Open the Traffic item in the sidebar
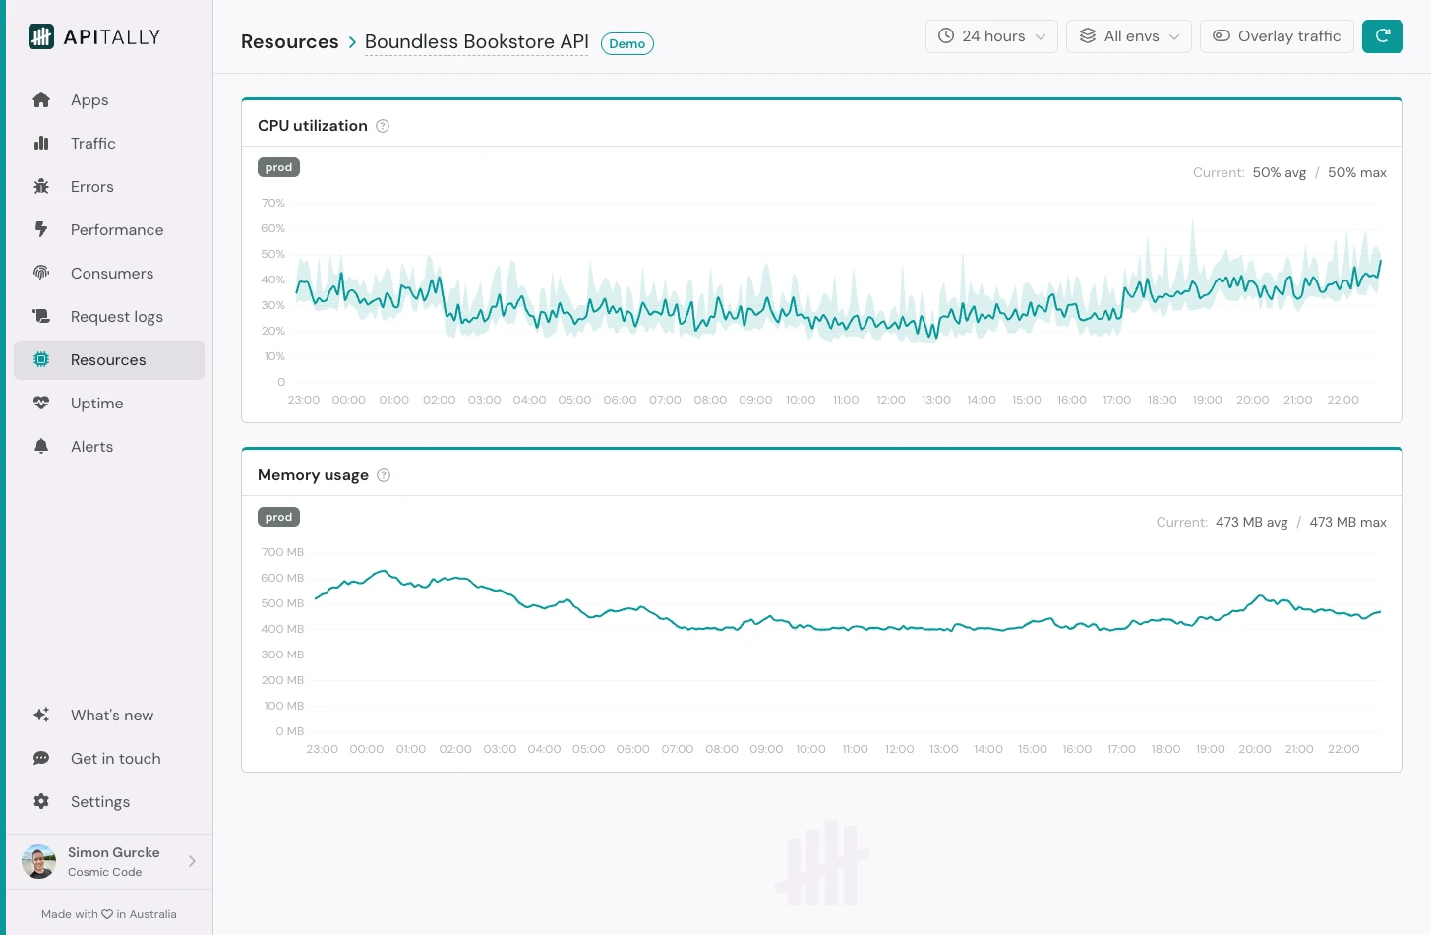(x=92, y=144)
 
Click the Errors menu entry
(x=91, y=187)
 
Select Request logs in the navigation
(x=116, y=317)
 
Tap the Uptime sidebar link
(x=96, y=404)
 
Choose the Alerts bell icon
(x=41, y=447)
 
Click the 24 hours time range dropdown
(x=991, y=36)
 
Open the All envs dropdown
(x=1128, y=36)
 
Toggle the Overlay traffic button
(x=1277, y=36)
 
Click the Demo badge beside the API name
(x=626, y=44)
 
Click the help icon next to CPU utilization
(x=383, y=126)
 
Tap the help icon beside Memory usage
(x=384, y=475)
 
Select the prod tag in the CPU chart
(x=278, y=167)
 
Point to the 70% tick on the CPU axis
(x=272, y=204)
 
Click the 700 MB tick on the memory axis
(x=282, y=553)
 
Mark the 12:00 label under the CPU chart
(x=890, y=400)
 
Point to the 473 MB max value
(x=1347, y=523)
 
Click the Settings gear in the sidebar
(x=41, y=802)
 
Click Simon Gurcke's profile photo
(x=39, y=862)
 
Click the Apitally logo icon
(x=41, y=37)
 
